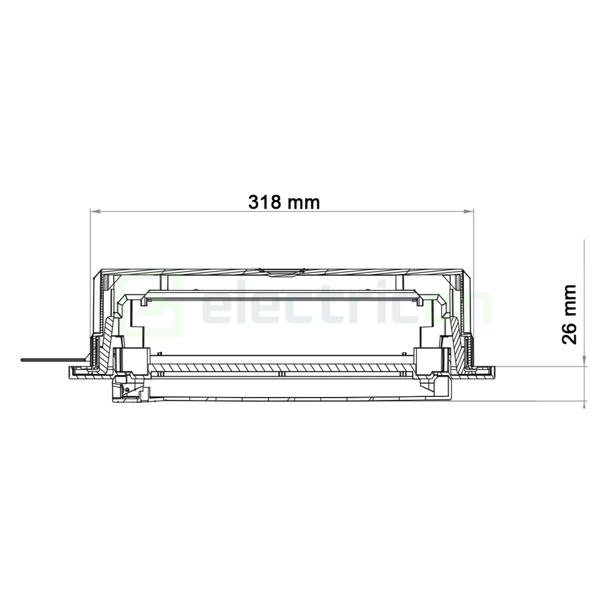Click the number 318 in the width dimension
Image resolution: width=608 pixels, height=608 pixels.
265,202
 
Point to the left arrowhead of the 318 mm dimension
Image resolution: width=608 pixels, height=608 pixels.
94,212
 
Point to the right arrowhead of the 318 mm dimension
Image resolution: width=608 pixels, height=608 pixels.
469,212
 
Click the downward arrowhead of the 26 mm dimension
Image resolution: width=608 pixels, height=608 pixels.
584,362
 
